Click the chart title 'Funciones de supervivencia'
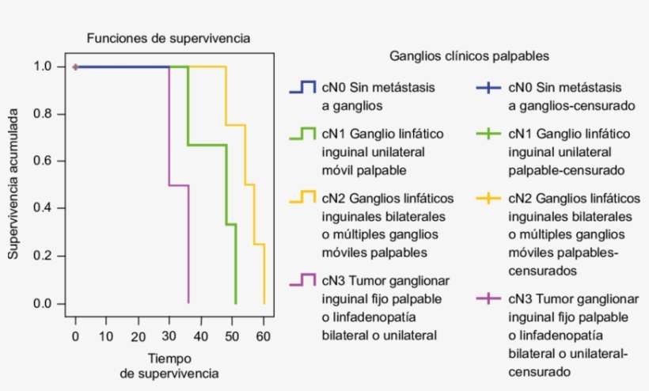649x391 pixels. pyautogui.click(x=169, y=38)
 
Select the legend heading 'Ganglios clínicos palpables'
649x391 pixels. pyautogui.click(x=469, y=56)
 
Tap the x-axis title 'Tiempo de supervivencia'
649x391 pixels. pyautogui.click(x=169, y=364)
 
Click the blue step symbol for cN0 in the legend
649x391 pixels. pyautogui.click(x=302, y=87)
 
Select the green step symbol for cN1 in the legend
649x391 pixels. pyautogui.click(x=302, y=134)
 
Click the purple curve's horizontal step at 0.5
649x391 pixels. pyautogui.click(x=179, y=185)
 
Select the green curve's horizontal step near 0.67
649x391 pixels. pyautogui.click(x=207, y=145)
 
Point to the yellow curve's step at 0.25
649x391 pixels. pyautogui.click(x=259, y=245)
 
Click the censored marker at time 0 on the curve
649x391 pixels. pyautogui.click(x=75, y=67)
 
